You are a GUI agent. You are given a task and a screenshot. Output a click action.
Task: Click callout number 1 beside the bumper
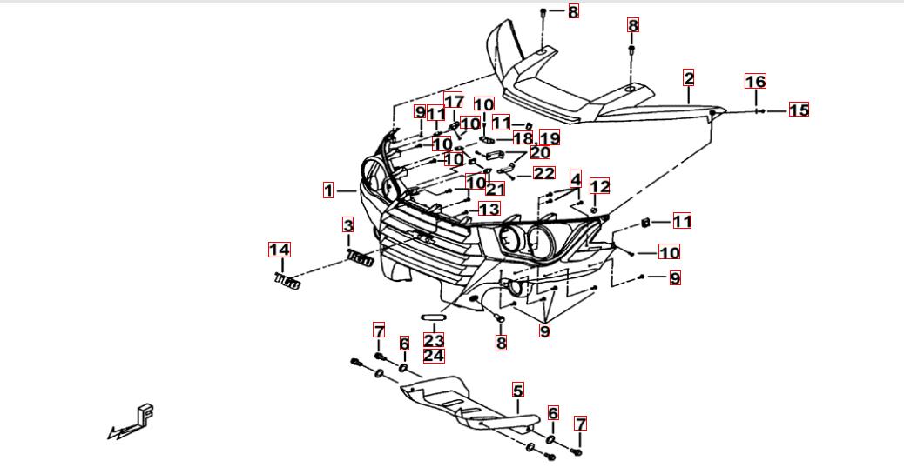(328, 190)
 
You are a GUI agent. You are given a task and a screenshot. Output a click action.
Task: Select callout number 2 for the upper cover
(689, 78)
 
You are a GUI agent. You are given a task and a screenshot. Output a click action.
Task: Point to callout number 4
(576, 180)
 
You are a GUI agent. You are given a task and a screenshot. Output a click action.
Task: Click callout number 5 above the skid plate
(518, 391)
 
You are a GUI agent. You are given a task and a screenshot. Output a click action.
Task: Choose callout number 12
(600, 186)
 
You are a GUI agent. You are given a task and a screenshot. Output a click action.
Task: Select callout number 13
(489, 210)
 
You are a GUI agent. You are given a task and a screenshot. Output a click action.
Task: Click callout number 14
(279, 250)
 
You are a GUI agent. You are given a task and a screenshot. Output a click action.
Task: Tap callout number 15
(799, 110)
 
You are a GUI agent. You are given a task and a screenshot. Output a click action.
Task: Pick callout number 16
(755, 82)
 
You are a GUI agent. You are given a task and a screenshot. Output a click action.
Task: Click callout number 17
(454, 101)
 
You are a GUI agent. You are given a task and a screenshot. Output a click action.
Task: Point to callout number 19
(549, 138)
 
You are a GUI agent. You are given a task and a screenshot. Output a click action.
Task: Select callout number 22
(543, 174)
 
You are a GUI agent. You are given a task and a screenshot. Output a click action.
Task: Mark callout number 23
(434, 340)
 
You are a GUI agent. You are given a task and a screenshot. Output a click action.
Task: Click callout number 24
(434, 355)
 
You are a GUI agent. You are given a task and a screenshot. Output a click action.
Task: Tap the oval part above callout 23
(434, 317)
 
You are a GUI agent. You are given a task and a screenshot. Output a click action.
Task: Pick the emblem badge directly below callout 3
(360, 258)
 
